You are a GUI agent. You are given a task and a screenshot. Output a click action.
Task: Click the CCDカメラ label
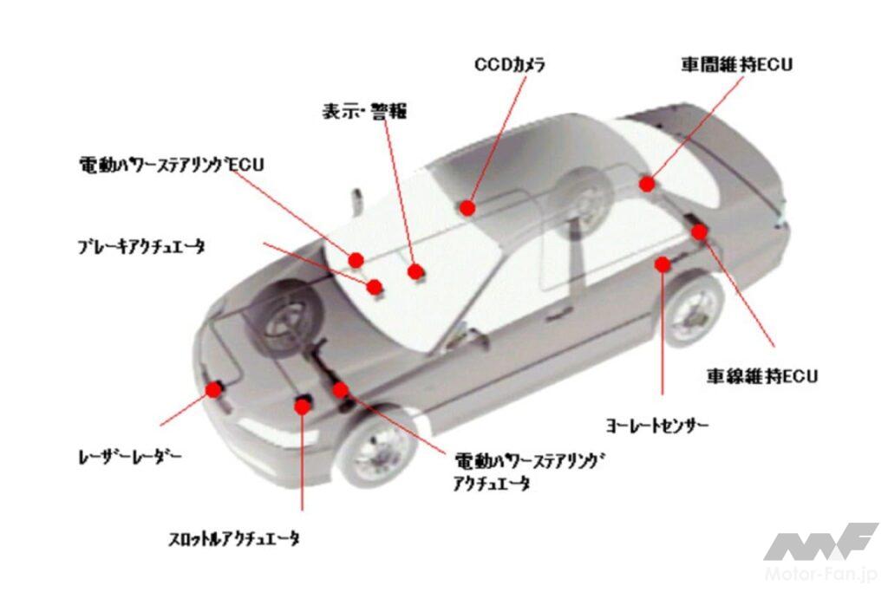pos(510,64)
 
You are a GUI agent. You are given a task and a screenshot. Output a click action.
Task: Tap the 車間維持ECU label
pos(736,64)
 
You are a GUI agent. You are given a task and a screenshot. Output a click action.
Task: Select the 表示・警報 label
pos(365,111)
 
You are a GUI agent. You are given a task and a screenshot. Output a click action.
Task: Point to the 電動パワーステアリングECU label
pos(172,165)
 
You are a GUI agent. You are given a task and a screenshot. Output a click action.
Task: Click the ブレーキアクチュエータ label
pos(141,247)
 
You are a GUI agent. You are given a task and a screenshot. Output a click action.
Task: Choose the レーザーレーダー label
pos(130,456)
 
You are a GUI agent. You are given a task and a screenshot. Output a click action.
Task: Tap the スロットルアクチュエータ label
pos(234,539)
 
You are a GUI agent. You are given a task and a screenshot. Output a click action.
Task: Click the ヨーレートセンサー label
pos(657,425)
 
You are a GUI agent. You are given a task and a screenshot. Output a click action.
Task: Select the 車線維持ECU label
pos(762,376)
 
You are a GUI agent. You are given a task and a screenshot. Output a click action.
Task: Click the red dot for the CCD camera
pos(467,208)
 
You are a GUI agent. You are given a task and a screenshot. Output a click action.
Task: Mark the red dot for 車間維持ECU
pos(647,184)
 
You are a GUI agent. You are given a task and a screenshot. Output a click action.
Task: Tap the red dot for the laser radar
pos(213,389)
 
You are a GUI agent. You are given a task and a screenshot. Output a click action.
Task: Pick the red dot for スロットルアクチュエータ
pos(303,406)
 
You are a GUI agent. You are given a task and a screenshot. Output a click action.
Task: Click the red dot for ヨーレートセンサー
pos(663,263)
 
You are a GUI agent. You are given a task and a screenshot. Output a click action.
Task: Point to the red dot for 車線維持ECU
pos(700,231)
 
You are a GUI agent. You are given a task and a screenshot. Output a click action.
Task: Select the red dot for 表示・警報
pos(415,271)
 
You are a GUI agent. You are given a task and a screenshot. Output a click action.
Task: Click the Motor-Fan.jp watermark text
pos(821,575)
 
